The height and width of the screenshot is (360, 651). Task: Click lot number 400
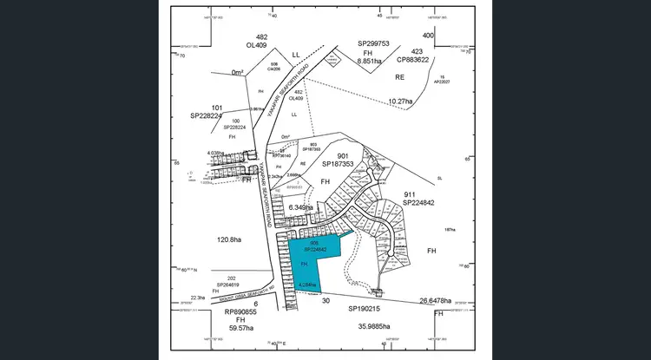pos(427,35)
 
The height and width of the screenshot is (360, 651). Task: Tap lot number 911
pos(417,194)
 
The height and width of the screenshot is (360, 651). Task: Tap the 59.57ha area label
pos(240,328)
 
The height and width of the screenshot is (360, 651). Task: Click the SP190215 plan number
pos(365,308)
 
